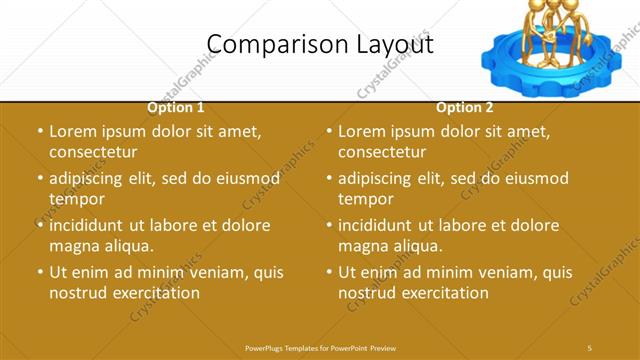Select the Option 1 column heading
(x=176, y=108)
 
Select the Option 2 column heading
(x=465, y=108)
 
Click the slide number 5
(x=590, y=347)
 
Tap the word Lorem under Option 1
(x=73, y=131)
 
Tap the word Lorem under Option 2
(x=362, y=131)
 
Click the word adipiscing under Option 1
(x=95, y=179)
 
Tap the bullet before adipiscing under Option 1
(x=40, y=179)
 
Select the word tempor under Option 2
(x=366, y=199)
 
